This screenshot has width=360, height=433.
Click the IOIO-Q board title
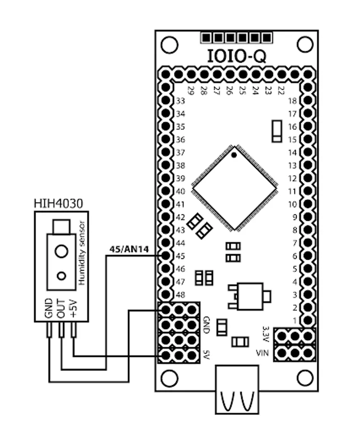click(x=236, y=56)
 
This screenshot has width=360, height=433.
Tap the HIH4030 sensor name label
click(x=58, y=204)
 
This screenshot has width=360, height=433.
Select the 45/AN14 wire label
click(x=126, y=249)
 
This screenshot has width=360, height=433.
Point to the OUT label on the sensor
click(x=61, y=307)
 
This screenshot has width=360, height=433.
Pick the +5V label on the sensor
click(x=74, y=307)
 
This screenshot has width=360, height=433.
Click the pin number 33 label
click(x=180, y=102)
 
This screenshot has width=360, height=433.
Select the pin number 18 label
click(x=292, y=102)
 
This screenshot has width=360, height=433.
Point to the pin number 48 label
click(x=180, y=294)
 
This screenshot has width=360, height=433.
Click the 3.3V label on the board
click(x=265, y=332)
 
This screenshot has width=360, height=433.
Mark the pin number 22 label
click(x=281, y=90)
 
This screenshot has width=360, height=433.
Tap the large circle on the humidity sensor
click(x=61, y=251)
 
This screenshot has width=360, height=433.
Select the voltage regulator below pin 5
click(x=247, y=295)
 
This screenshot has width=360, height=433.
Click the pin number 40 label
click(x=180, y=191)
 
